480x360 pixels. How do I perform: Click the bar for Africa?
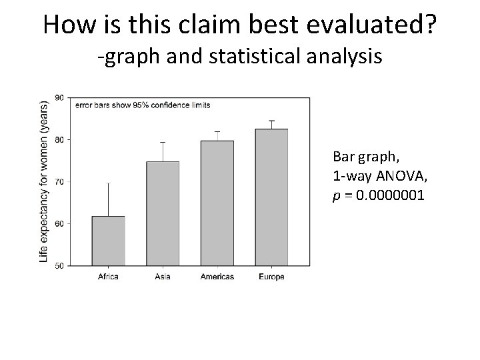coord(108,241)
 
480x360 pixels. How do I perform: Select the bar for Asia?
coord(163,213)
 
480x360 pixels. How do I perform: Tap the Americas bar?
coord(217,203)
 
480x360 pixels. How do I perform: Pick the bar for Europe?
coord(271,197)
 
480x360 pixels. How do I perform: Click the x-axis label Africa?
coord(108,276)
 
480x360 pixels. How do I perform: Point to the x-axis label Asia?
coord(163,276)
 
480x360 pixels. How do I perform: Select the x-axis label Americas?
coord(217,276)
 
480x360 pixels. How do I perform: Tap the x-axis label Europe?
coord(271,276)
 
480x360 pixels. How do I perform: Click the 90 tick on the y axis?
coord(59,97)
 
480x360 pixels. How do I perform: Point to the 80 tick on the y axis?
coord(59,139)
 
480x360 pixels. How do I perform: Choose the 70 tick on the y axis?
coord(59,181)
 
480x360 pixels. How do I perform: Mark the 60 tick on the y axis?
coord(59,223)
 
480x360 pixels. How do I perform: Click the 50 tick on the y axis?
coord(59,265)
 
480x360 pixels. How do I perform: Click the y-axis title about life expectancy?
coord(44,181)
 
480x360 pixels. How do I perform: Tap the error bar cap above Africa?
coord(108,183)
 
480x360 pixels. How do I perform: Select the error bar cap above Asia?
coord(163,142)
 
